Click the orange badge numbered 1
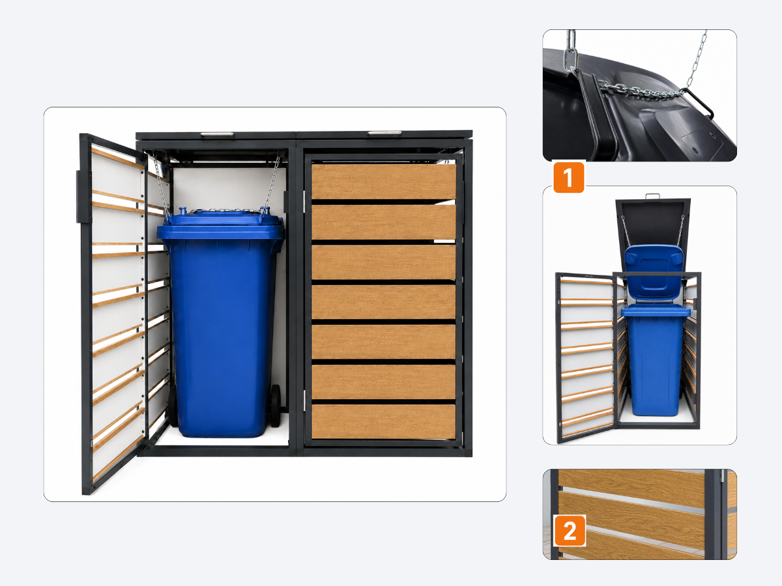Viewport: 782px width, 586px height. tap(569, 177)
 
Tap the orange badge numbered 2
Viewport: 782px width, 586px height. tap(570, 531)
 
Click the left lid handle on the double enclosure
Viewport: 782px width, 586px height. tap(217, 135)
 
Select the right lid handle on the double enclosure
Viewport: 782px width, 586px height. tap(384, 133)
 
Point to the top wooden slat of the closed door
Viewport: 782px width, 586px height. tap(384, 181)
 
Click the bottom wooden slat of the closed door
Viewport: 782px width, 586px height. tap(384, 421)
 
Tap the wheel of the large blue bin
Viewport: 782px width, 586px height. tap(276, 406)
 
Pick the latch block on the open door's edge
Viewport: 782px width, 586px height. tap(83, 197)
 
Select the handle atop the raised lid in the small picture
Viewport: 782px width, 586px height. tap(653, 196)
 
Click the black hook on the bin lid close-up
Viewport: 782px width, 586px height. tap(699, 104)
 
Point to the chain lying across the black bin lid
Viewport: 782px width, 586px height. tap(641, 91)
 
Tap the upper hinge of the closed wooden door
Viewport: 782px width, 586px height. tap(304, 202)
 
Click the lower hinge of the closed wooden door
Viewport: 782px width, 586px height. tap(304, 400)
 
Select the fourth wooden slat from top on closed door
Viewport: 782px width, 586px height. tap(384, 301)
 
